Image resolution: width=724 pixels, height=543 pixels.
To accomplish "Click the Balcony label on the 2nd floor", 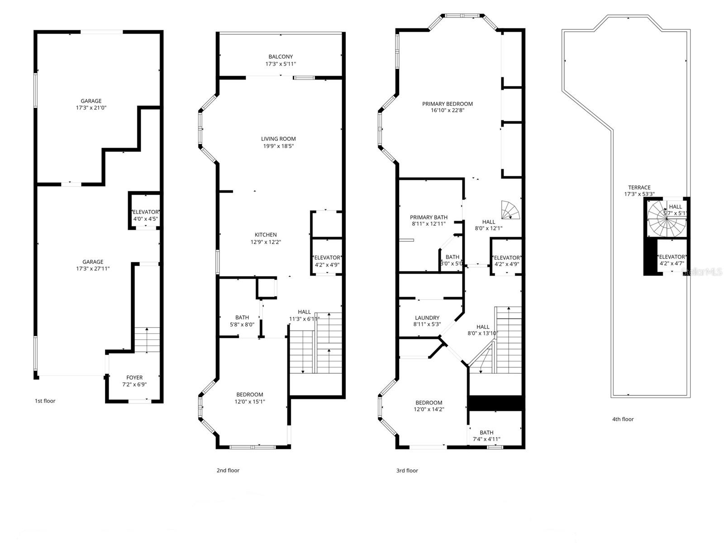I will [281, 57].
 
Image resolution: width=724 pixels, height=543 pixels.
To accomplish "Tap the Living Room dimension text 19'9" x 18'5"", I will [278, 146].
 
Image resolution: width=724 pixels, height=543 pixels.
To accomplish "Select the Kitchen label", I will [266, 234].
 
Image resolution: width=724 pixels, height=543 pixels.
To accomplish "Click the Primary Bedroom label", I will [447, 104].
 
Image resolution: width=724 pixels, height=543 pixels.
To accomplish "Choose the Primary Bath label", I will [428, 217].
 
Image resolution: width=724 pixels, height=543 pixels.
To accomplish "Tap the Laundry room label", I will [427, 318].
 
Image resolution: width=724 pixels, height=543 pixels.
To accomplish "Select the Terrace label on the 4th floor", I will [639, 187].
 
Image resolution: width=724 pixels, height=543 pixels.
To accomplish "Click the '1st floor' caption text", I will [45, 401].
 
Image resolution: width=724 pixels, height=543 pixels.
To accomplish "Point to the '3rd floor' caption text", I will [407, 471].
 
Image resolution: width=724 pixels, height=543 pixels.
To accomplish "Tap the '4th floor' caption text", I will [623, 419].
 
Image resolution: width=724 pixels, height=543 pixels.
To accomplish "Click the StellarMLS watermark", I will [701, 272].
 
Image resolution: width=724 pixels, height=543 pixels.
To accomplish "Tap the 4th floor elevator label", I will [672, 257].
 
